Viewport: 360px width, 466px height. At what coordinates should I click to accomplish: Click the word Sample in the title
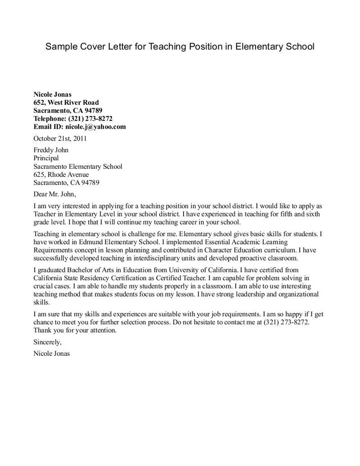61,47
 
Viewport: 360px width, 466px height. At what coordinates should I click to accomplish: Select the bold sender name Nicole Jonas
53,94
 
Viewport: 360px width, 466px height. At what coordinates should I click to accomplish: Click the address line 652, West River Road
66,103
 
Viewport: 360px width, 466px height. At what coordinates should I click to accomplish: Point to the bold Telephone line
73,119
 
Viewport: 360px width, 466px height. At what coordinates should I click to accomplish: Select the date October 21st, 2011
60,139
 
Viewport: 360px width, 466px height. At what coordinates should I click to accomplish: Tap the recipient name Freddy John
51,150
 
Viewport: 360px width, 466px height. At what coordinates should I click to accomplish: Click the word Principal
46,158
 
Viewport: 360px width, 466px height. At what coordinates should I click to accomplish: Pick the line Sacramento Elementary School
78,166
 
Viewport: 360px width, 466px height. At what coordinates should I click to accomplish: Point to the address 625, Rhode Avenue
61,175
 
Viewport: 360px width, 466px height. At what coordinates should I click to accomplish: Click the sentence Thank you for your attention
75,330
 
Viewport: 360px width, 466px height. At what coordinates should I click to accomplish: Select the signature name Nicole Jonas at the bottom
52,354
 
